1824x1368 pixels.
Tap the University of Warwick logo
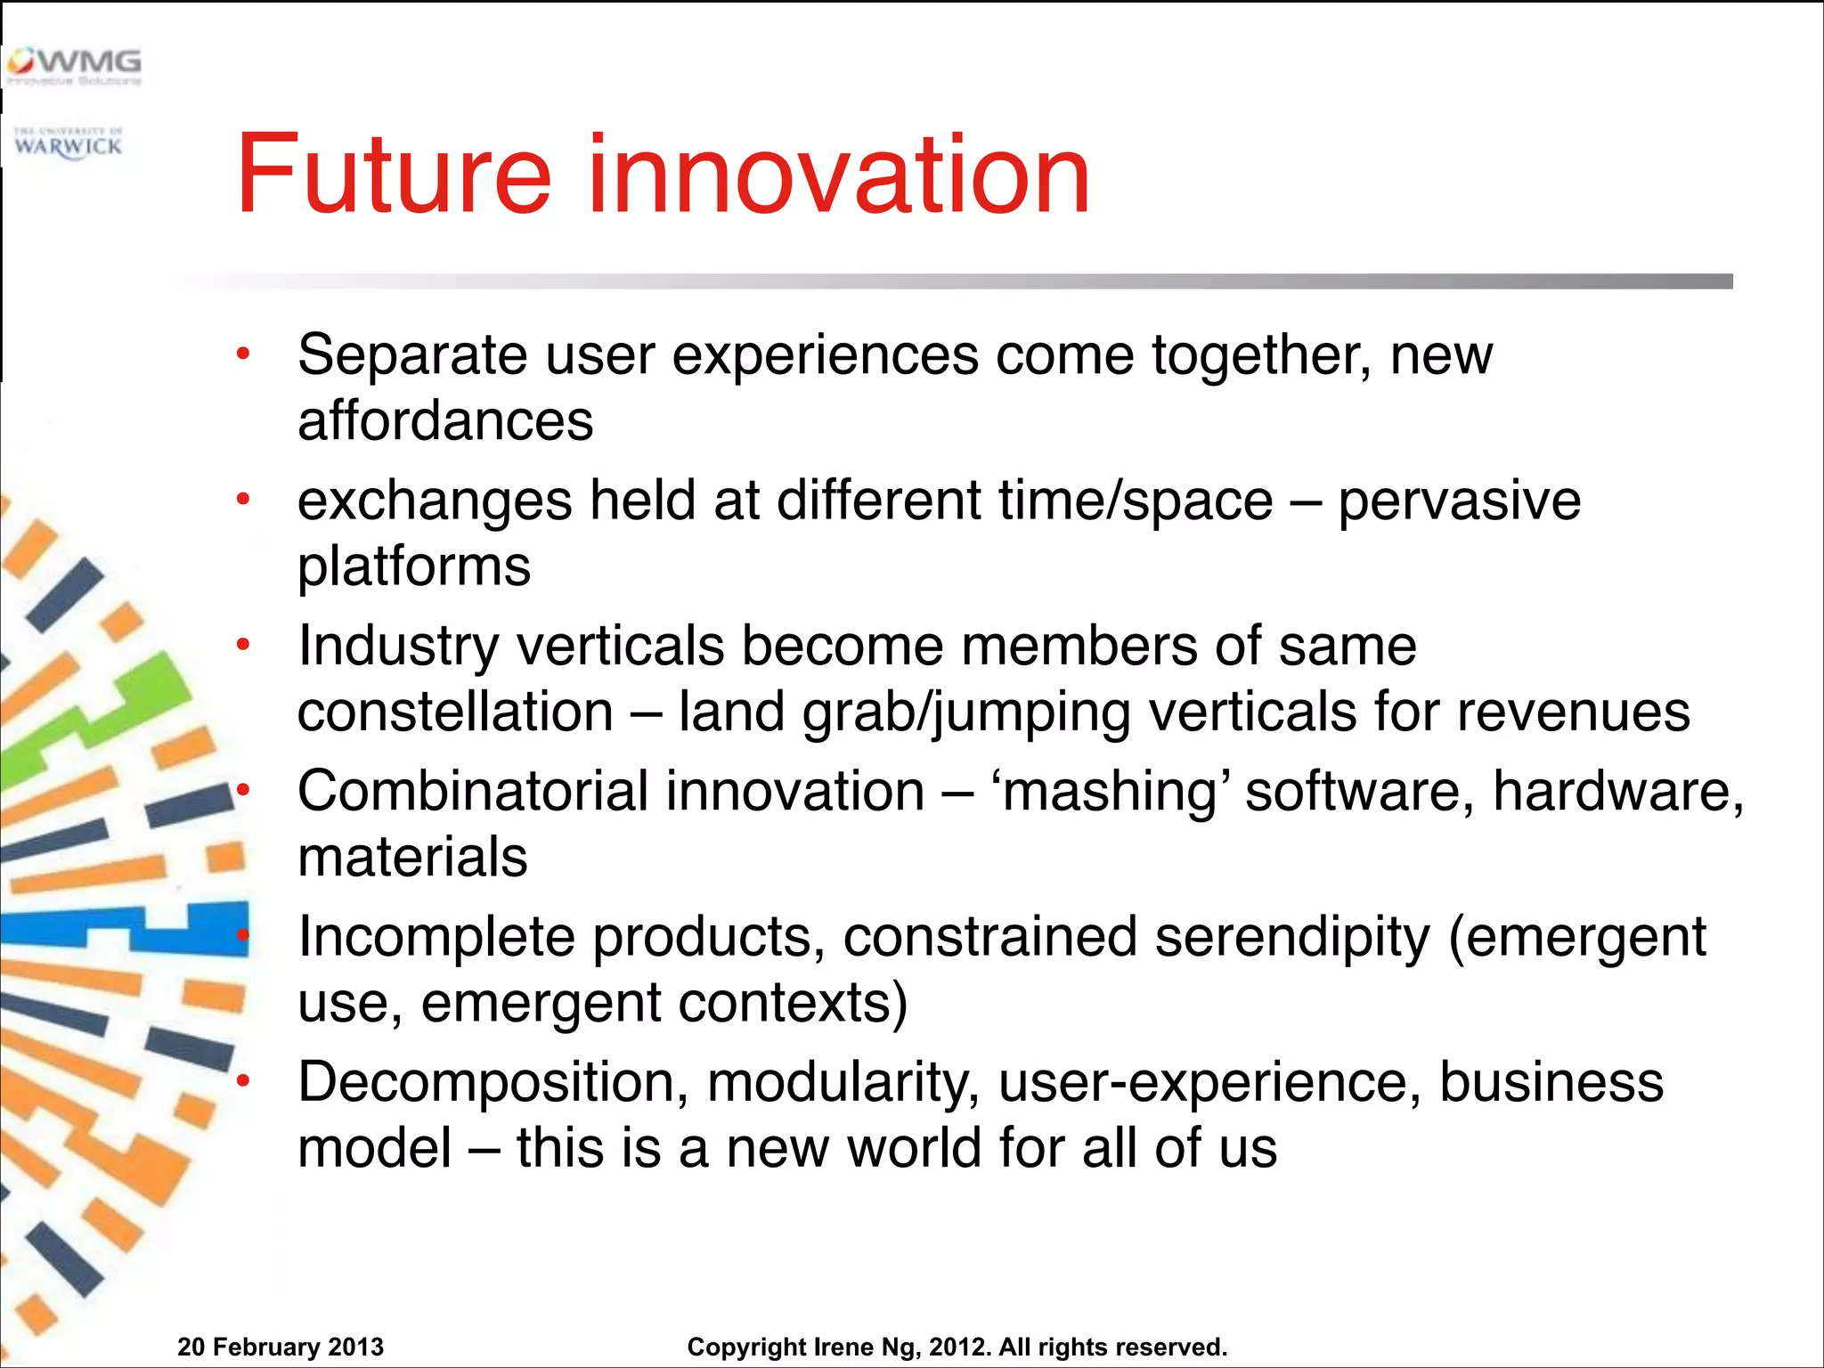point(68,143)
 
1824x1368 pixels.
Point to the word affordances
point(445,420)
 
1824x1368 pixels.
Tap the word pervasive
point(1459,501)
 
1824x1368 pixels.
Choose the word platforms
point(414,566)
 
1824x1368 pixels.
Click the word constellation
point(455,712)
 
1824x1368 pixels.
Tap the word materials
point(412,857)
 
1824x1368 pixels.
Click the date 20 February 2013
point(281,1347)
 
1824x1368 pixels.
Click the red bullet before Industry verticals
point(243,645)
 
